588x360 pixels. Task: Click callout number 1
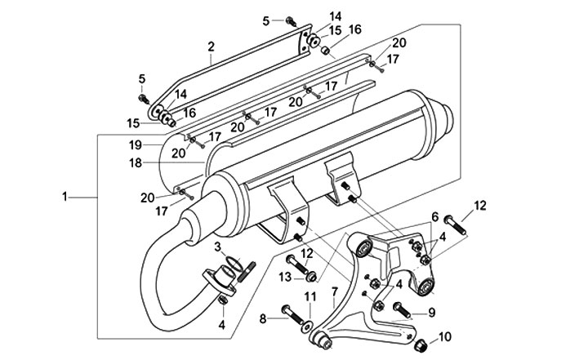[65, 196]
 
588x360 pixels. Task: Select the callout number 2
[211, 47]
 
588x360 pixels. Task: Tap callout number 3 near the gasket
[218, 247]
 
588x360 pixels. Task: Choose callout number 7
[333, 291]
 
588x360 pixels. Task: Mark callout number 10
[444, 336]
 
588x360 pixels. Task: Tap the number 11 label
[310, 296]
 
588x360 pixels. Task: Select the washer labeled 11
[308, 325]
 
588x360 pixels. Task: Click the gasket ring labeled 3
[232, 263]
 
